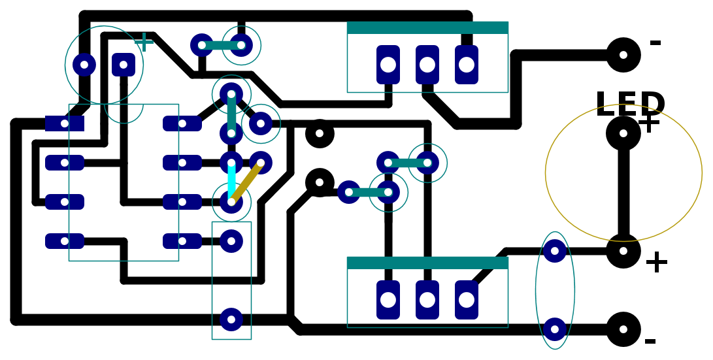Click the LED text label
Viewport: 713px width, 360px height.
(630, 104)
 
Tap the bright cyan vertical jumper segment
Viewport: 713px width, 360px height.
(231, 182)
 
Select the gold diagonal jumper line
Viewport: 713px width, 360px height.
(246, 182)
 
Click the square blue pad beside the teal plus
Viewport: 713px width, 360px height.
(124, 65)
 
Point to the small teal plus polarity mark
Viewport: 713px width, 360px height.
(144, 42)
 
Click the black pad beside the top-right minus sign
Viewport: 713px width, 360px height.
(623, 55)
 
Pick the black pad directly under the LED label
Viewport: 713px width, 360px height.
(623, 134)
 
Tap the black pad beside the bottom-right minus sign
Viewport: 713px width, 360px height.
(623, 329)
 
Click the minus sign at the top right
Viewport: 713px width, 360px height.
(655, 42)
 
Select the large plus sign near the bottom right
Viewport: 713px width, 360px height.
(656, 262)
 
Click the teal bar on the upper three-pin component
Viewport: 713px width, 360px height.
(427, 27)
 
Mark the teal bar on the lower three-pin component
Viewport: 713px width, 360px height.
(427, 263)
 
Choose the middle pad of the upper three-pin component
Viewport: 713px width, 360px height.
(427, 65)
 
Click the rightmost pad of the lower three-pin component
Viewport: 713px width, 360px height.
(467, 300)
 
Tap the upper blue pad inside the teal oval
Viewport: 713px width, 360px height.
(555, 250)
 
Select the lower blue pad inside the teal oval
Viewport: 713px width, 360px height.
(555, 329)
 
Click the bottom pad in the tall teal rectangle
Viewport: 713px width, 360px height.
(231, 319)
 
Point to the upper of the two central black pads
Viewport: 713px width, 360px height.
(319, 134)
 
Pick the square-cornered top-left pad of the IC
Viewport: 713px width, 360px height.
(65, 123)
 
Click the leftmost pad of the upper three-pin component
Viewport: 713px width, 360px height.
(388, 65)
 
